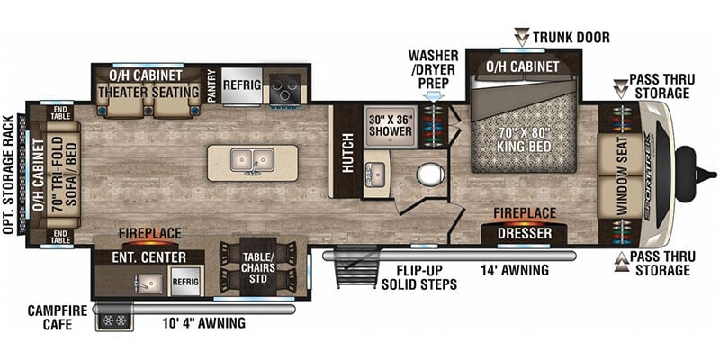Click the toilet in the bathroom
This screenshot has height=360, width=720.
coord(430,175)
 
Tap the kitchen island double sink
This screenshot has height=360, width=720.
coord(253,160)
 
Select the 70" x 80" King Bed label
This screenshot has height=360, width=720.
coord(525,142)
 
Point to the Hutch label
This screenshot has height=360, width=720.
coord(347,153)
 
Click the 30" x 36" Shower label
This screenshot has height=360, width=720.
coord(391,125)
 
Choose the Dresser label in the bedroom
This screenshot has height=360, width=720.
coord(525,234)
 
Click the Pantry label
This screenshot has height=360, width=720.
coord(211,85)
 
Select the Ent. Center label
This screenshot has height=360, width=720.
coord(149,257)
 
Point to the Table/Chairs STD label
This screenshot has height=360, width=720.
coord(258,267)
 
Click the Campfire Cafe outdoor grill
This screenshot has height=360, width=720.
coord(115,320)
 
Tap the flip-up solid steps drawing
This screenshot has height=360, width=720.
coord(356,267)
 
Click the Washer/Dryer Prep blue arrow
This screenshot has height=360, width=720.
coord(435,96)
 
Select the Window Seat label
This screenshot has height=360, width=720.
coord(622,176)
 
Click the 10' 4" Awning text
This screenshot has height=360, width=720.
coord(203,323)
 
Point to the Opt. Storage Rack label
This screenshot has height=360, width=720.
coord(9,175)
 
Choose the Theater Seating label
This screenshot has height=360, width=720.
coord(148,92)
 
